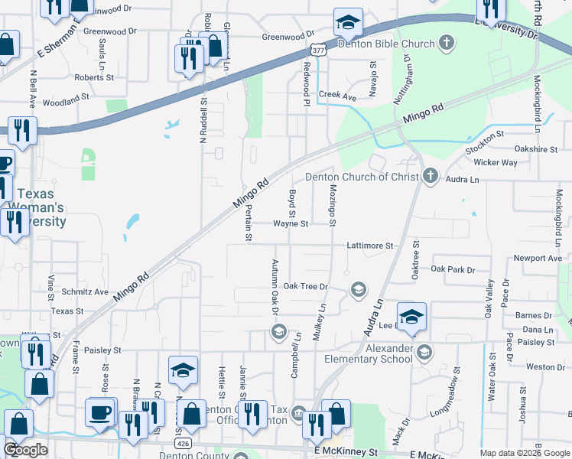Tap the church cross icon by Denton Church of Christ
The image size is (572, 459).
(430, 177)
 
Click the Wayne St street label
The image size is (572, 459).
(291, 224)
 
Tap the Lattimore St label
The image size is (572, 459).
(369, 246)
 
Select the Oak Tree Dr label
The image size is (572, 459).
(305, 286)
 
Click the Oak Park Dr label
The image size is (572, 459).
(453, 269)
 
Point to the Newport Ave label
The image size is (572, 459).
(538, 259)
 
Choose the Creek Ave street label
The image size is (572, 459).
(337, 97)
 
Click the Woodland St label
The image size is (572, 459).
(66, 100)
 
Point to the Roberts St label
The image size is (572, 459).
(94, 77)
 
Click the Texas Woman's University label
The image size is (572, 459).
(40, 207)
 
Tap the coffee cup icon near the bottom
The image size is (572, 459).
(100, 413)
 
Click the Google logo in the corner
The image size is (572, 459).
(25, 450)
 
